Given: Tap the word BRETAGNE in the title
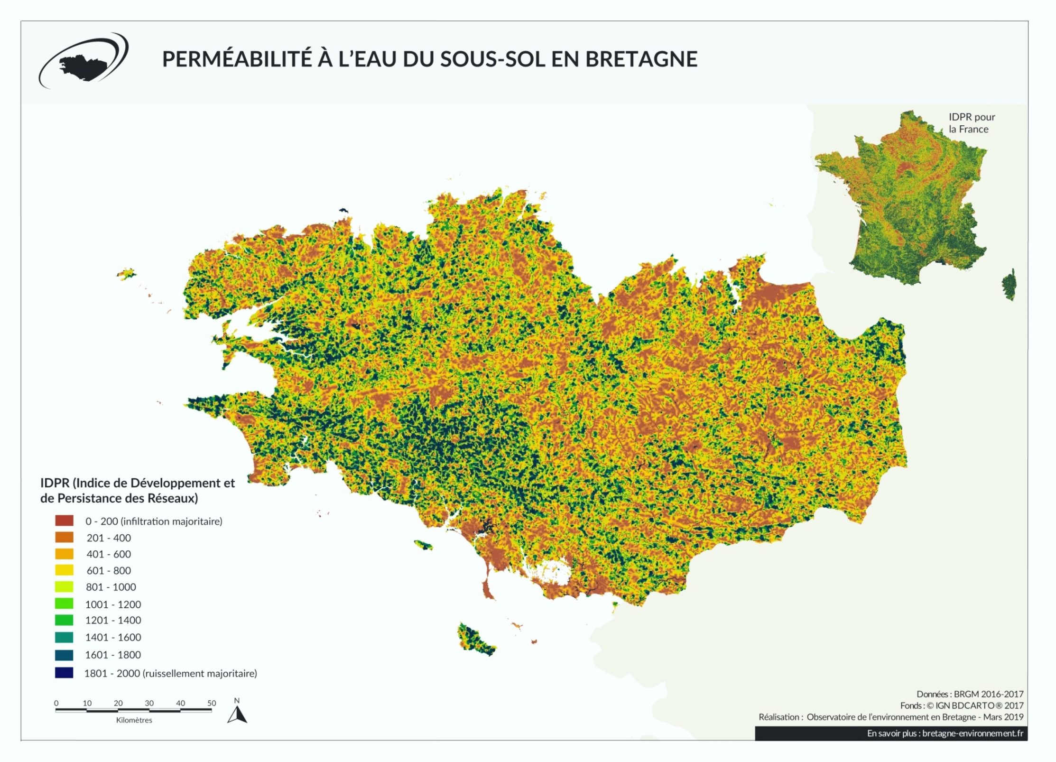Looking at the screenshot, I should [641, 59].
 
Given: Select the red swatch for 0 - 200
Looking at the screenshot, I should [64, 521].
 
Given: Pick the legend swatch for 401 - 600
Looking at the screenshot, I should [64, 554].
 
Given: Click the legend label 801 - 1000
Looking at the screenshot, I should [111, 587].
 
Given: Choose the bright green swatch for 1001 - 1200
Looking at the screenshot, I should [64, 604].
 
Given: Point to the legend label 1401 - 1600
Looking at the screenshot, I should [113, 637].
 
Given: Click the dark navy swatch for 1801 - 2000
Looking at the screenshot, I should [64, 673].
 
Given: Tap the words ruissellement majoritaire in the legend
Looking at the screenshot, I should [199, 673].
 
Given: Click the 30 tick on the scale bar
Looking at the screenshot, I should [149, 703].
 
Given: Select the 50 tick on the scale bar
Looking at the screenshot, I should [212, 703].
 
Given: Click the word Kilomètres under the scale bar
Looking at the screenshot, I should [134, 720].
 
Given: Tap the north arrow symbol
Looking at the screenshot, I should [237, 715].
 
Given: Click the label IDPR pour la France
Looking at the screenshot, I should [971, 123].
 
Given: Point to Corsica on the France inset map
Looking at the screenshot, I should [1009, 285].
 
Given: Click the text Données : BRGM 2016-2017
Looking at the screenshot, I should [970, 694].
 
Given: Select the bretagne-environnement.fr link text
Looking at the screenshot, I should [973, 733].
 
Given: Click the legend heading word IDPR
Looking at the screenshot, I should [55, 483].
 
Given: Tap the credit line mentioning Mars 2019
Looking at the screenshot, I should [890, 717].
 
